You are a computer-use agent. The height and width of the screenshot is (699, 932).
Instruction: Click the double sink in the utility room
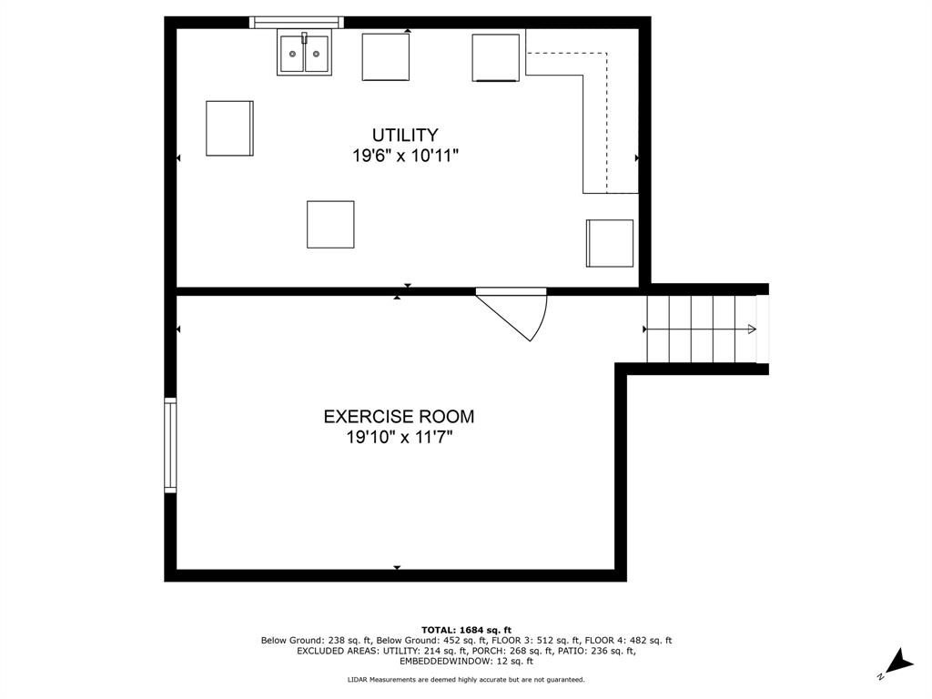pos(304,52)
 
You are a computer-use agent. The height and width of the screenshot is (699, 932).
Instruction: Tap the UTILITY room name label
pos(405,135)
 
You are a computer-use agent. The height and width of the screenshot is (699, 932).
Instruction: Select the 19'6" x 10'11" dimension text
pos(405,157)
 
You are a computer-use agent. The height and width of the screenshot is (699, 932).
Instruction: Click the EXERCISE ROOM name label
pos(399,417)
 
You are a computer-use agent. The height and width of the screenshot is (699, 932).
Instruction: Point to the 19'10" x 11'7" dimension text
pos(400,438)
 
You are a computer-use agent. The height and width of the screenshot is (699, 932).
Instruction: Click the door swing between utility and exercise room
pos(512,314)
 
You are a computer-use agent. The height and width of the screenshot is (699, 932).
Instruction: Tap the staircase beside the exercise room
pos(702,329)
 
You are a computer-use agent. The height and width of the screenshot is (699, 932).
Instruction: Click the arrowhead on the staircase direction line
pos(752,329)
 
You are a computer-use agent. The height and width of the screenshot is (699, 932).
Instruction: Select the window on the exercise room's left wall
pos(170,446)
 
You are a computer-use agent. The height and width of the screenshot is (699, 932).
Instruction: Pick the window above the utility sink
pos(297,23)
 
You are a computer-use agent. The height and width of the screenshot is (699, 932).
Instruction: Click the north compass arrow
pos(898,664)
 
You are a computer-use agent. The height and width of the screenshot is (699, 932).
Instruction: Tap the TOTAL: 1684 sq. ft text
pos(466,630)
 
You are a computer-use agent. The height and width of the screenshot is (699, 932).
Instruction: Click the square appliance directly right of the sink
pos(386,57)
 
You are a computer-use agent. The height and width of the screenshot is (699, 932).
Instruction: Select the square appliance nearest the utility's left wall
pos(229,128)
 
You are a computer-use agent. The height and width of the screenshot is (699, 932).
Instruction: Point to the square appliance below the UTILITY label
pos(330,225)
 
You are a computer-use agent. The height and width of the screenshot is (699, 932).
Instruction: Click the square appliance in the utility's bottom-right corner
pos(610,243)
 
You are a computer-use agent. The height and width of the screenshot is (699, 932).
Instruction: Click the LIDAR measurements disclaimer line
pos(466,679)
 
